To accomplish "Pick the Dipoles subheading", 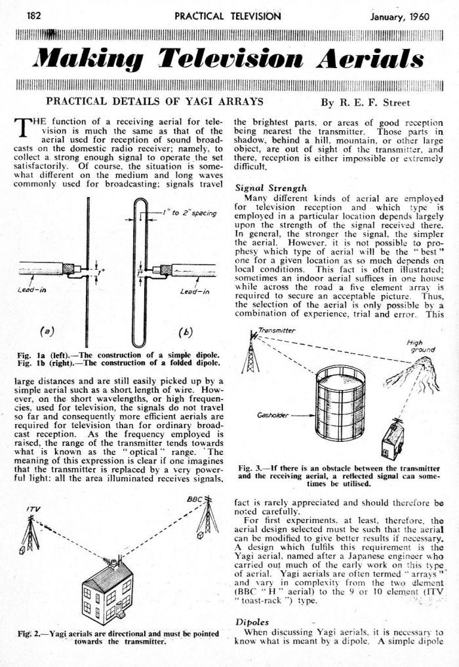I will (x=252, y=622).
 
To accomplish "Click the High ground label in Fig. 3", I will (x=422, y=346).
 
